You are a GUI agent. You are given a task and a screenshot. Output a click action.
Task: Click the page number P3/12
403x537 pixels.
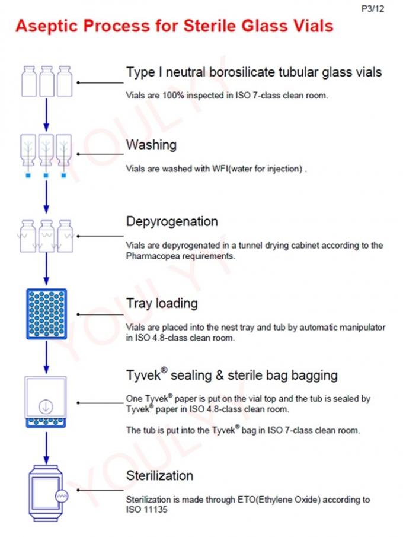373,9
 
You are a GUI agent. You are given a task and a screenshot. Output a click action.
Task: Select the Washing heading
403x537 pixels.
151,144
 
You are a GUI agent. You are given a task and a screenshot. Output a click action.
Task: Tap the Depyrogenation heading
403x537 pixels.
172,221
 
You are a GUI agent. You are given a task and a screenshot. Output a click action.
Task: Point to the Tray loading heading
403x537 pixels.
161,303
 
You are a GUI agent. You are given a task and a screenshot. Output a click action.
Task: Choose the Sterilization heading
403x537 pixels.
159,475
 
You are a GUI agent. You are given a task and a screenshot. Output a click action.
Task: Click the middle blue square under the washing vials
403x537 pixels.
46,176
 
